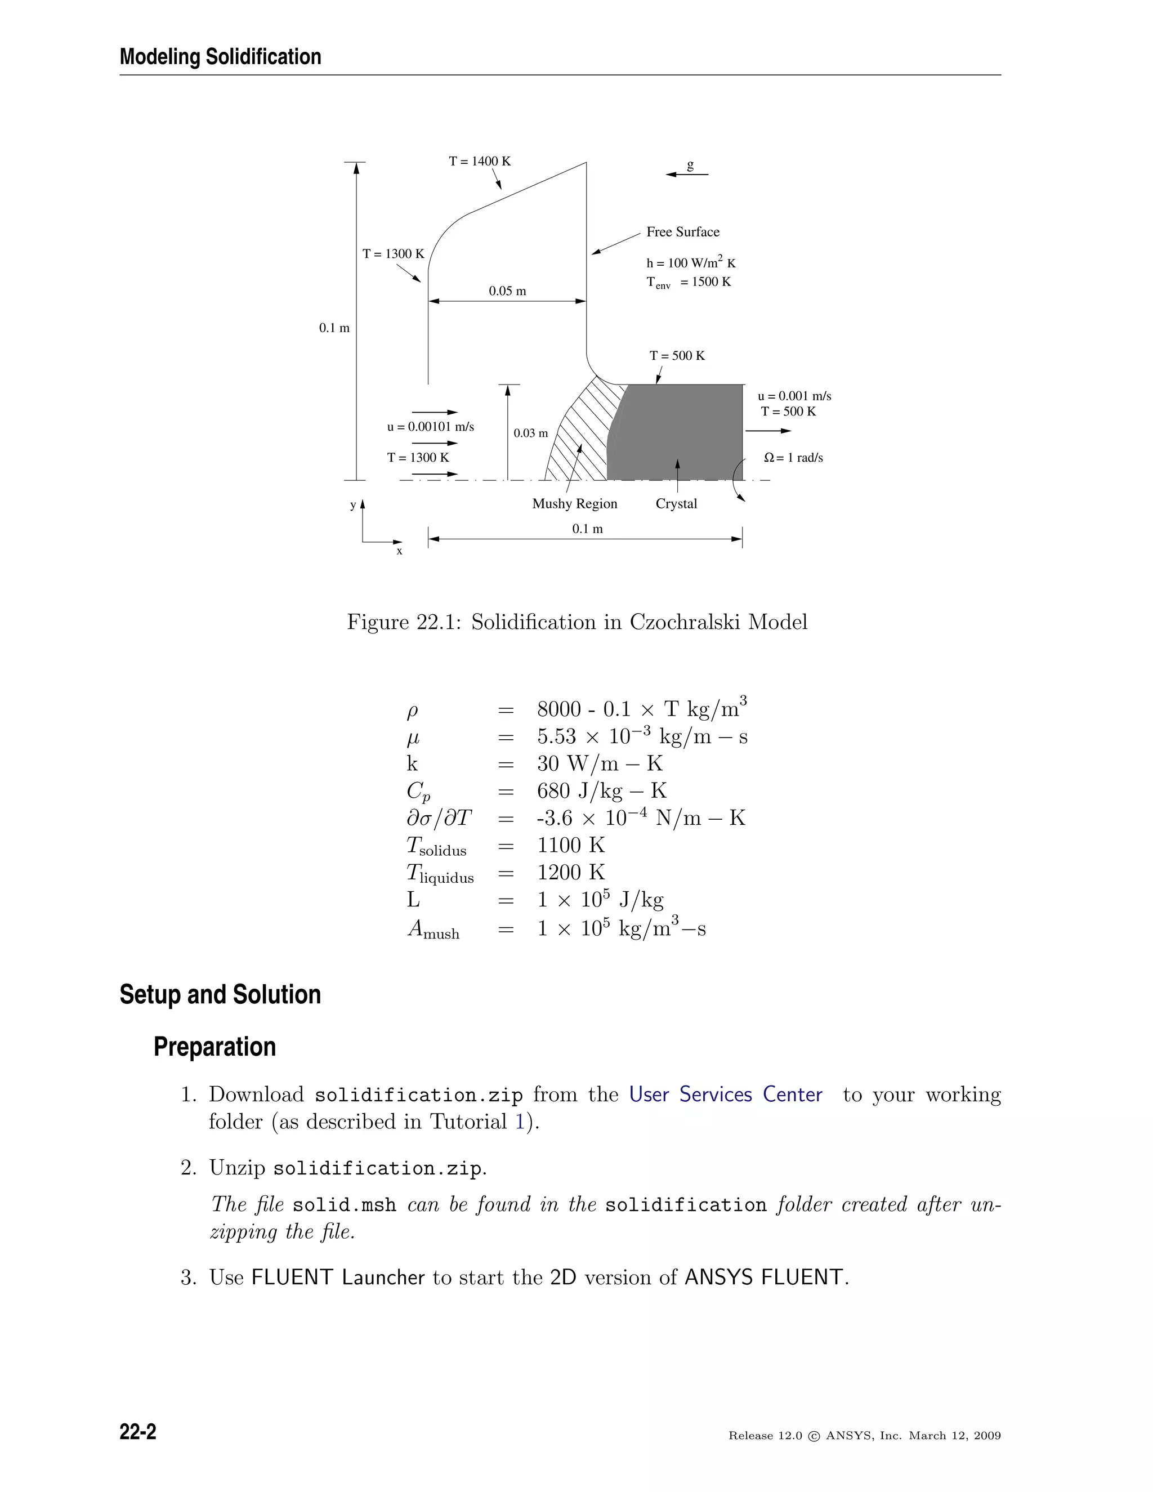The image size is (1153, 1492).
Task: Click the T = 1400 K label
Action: pyautogui.click(x=480, y=161)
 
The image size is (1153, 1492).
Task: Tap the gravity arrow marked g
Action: pyautogui.click(x=686, y=174)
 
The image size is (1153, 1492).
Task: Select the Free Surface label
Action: pyautogui.click(x=682, y=231)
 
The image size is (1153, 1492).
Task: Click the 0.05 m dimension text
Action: pyautogui.click(x=507, y=291)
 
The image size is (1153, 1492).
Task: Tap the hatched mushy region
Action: pyautogui.click(x=580, y=430)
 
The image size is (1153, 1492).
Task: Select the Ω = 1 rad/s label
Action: pyautogui.click(x=793, y=458)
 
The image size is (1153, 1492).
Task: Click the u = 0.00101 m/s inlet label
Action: pyautogui.click(x=430, y=427)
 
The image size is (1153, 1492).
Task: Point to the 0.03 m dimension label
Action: pyautogui.click(x=531, y=433)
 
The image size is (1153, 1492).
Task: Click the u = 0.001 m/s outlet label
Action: pyautogui.click(x=794, y=396)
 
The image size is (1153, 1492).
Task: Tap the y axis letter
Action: pyautogui.click(x=353, y=505)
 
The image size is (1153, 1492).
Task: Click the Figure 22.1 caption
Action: pyautogui.click(x=577, y=622)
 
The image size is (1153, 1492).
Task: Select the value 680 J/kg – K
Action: pyautogui.click(x=601, y=791)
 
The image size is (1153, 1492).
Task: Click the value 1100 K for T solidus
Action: pyautogui.click(x=571, y=845)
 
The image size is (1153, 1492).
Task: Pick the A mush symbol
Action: pyautogui.click(x=433, y=929)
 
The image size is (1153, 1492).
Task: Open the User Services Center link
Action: pyautogui.click(x=725, y=1095)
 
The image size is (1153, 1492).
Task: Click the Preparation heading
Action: pyautogui.click(x=214, y=1047)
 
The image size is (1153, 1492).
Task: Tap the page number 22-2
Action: pyautogui.click(x=138, y=1431)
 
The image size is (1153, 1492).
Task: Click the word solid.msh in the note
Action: pyautogui.click(x=344, y=1205)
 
